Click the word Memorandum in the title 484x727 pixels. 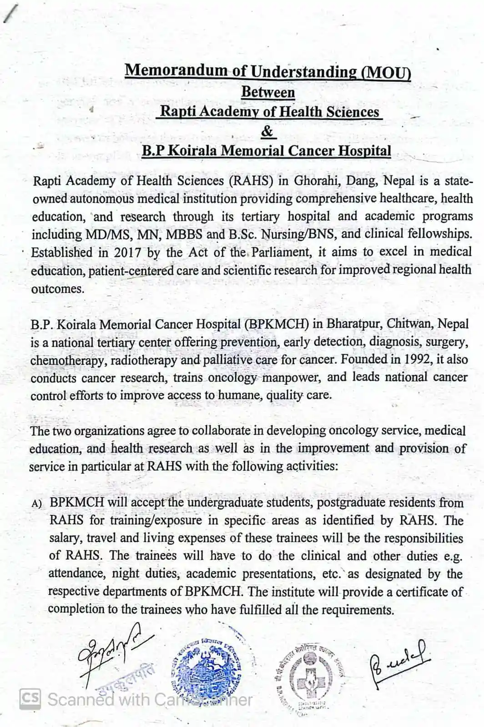pos(176,71)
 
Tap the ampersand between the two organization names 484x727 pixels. pos(267,131)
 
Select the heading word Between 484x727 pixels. pos(268,92)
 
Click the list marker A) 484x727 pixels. pos(37,503)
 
